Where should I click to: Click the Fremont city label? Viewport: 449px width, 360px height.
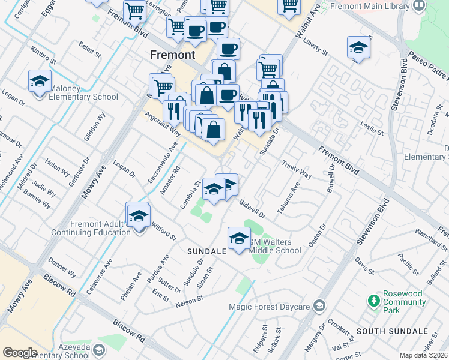[172, 55]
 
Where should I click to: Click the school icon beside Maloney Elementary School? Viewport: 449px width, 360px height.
[40, 82]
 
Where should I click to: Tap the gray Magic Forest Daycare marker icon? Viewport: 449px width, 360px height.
[319, 307]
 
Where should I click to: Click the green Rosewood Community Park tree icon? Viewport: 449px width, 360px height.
[374, 299]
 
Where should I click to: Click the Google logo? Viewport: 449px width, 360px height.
[20, 352]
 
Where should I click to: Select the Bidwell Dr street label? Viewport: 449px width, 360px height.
[252, 209]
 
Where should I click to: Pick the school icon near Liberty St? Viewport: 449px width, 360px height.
[358, 48]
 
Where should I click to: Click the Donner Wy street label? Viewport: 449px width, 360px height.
[62, 269]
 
